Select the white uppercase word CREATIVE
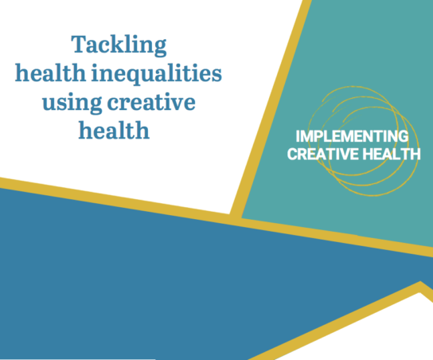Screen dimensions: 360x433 321,153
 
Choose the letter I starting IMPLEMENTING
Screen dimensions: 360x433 296,136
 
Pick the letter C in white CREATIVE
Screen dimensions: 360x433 292,153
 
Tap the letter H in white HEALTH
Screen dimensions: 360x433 364,153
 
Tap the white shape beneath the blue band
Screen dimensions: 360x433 358,335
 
